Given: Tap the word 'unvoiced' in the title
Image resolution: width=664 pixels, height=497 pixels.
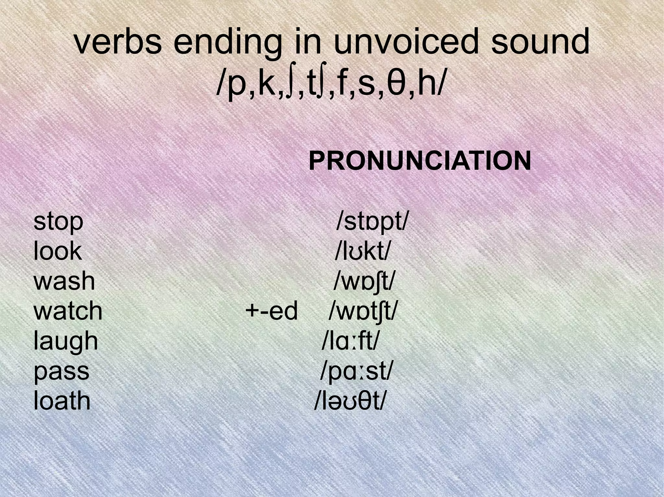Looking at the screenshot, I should point(407,42).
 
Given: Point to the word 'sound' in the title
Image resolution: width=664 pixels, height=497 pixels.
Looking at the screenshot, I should point(540,42).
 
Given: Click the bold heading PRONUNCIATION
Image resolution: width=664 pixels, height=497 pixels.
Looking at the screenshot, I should point(420,161).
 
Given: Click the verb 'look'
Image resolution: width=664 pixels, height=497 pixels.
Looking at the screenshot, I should point(58,251).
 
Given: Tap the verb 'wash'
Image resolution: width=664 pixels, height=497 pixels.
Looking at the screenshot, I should point(64,281).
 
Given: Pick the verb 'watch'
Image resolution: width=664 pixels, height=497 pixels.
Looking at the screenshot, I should point(68,311).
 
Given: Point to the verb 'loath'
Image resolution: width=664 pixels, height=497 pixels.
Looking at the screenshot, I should point(62,401).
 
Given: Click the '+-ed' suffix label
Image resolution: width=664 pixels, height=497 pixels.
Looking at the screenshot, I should point(271,311).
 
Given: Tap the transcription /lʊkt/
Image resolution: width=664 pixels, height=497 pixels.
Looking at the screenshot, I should point(362,251).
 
